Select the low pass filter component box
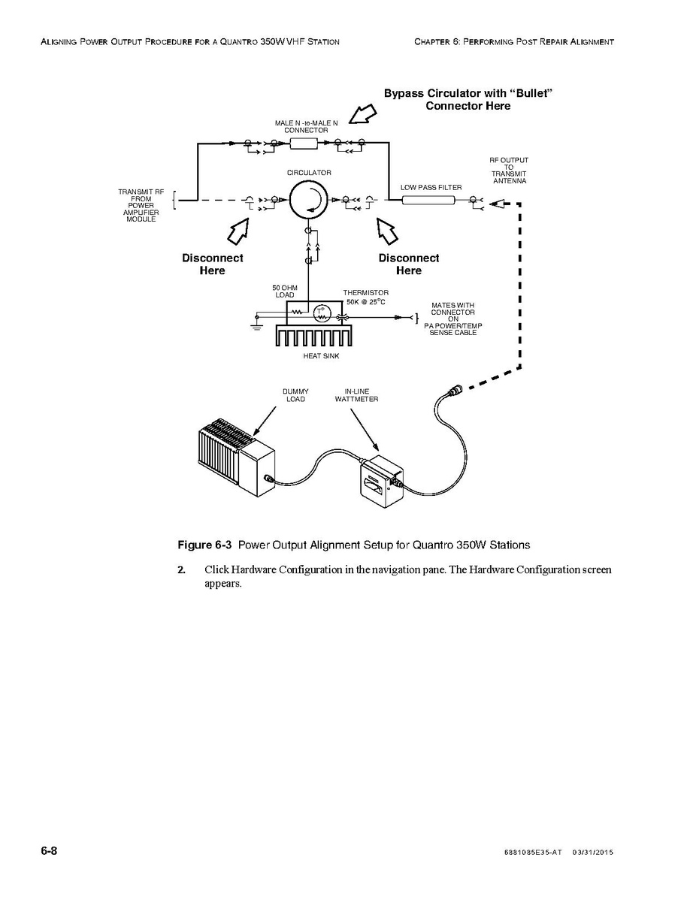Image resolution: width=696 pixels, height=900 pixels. pyautogui.click(x=429, y=201)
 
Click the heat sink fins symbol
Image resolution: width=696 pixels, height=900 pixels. pyautogui.click(x=313, y=336)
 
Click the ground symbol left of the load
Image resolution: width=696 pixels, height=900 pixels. pyautogui.click(x=256, y=325)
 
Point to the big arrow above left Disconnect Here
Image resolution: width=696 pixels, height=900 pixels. pyautogui.click(x=241, y=231)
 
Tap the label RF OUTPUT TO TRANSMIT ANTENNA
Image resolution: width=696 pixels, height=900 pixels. pyautogui.click(x=509, y=171)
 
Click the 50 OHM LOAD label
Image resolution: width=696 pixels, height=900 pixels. pyautogui.click(x=285, y=291)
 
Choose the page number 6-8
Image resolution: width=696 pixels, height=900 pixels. pyautogui.click(x=50, y=851)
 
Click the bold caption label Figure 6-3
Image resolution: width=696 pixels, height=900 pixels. pyautogui.click(x=201, y=545)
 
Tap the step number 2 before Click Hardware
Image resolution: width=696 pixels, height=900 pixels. pyautogui.click(x=181, y=569)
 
